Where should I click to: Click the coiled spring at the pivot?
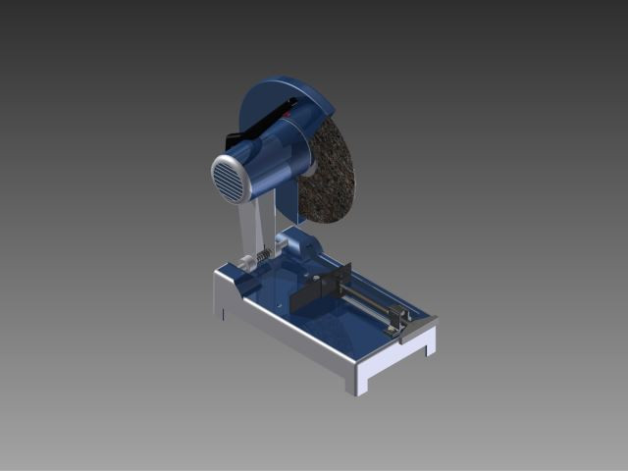point(264,258)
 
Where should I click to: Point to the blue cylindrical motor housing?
point(270,162)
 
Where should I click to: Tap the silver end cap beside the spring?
point(245,265)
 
